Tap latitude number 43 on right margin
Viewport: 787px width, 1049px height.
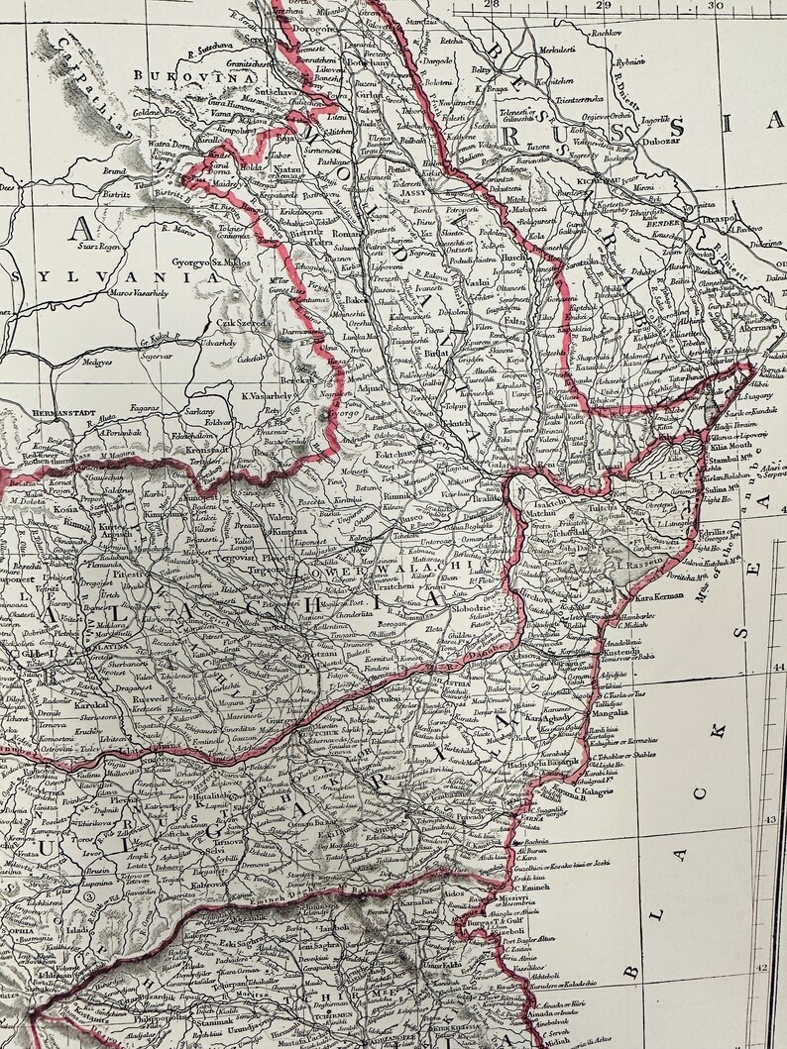point(773,820)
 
